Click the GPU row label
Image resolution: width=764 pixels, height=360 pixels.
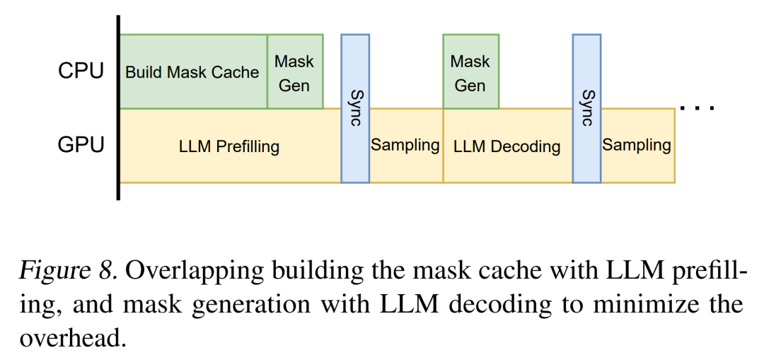click(x=81, y=145)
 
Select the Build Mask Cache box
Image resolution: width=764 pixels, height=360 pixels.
click(x=192, y=72)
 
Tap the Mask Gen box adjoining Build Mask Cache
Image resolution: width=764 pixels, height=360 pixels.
click(x=294, y=72)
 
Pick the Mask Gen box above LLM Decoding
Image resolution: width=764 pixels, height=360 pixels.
click(x=470, y=72)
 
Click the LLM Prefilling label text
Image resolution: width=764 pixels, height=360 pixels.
click(x=229, y=147)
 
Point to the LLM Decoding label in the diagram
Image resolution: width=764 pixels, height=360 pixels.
click(x=507, y=147)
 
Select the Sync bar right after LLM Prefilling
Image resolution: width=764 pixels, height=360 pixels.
click(x=355, y=108)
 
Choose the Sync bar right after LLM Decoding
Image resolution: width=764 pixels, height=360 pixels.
click(x=586, y=108)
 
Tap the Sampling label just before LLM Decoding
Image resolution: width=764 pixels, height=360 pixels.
click(x=405, y=146)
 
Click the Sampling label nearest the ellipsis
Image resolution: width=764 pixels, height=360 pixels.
click(x=637, y=146)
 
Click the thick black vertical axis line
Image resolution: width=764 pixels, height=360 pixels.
click(x=118, y=106)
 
